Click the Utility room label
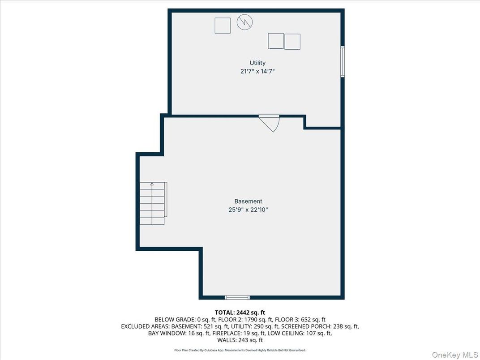point(257,63)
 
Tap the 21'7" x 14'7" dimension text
point(257,71)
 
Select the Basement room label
point(248,201)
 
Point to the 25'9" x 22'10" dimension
point(248,210)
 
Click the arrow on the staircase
point(152,184)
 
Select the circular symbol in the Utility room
point(244,21)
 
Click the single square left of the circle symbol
point(223,26)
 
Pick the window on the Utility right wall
point(343,61)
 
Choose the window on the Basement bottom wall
point(237,297)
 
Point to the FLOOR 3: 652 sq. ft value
point(300,319)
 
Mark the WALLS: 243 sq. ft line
point(240,341)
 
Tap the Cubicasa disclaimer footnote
point(240,350)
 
